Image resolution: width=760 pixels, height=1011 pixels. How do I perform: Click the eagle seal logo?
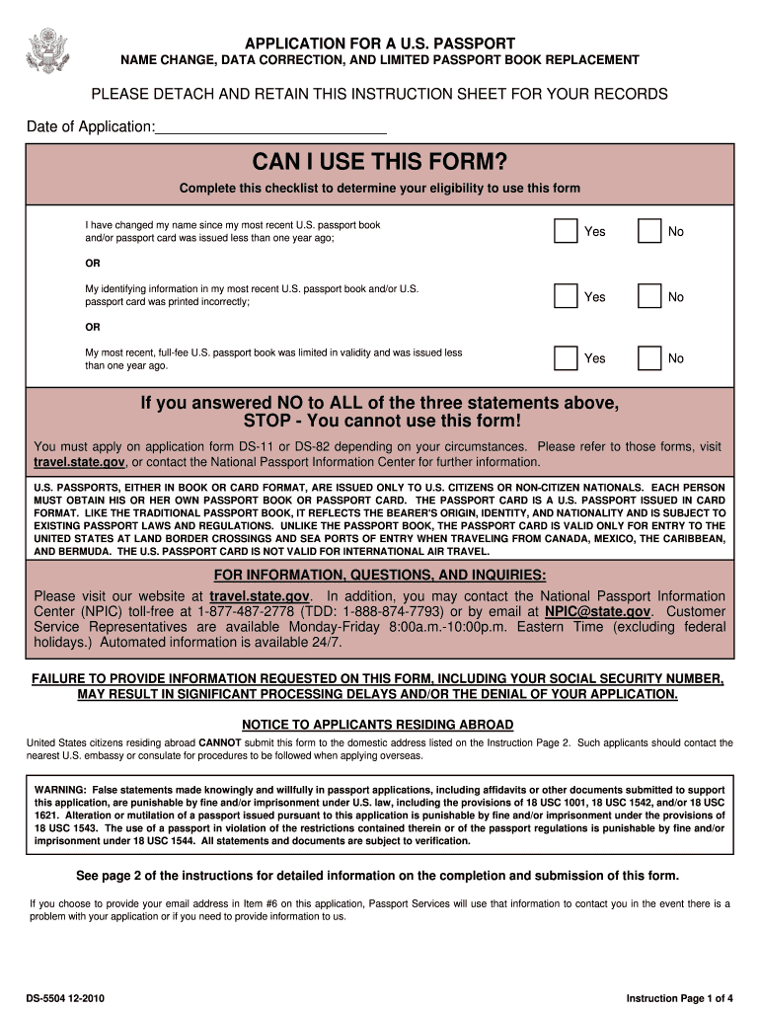pyautogui.click(x=46, y=49)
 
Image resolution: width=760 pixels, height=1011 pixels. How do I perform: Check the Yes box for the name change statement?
pyautogui.click(x=566, y=231)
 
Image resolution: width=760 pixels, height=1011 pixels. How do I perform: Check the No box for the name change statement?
pyautogui.click(x=649, y=231)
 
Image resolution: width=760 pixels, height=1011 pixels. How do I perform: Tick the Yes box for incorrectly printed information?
pyautogui.click(x=566, y=296)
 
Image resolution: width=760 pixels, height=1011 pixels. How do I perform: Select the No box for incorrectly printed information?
pyautogui.click(x=649, y=296)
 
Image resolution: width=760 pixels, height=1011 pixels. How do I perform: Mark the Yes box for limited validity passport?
pyautogui.click(x=566, y=357)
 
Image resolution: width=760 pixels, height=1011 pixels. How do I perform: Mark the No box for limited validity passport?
pyautogui.click(x=649, y=357)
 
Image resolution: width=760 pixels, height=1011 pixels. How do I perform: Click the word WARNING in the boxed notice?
pyautogui.click(x=60, y=790)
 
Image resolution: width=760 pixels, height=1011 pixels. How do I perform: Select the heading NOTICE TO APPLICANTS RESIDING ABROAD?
pyautogui.click(x=379, y=725)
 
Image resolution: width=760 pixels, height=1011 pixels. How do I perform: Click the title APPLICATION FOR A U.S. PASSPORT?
pyautogui.click(x=380, y=43)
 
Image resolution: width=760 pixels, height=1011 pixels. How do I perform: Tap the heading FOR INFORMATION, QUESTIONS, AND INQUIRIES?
pyautogui.click(x=380, y=577)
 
